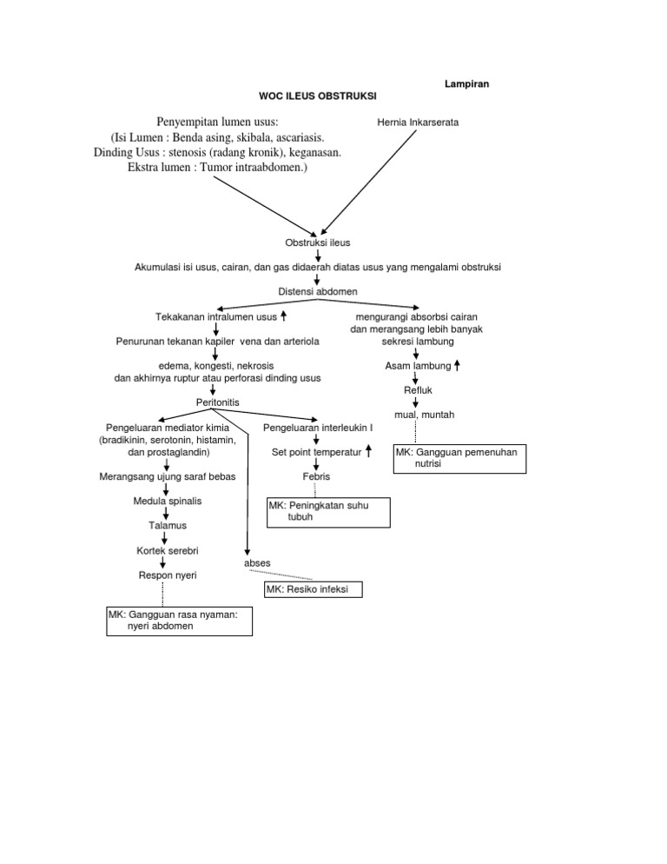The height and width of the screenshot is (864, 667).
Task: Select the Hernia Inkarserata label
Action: tap(419, 123)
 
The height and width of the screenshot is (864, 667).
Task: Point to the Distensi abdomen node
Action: tap(318, 290)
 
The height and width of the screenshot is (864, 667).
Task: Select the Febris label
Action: tap(316, 477)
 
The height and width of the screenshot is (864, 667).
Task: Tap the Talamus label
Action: tap(167, 526)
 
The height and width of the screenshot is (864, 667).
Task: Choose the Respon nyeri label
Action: tap(167, 575)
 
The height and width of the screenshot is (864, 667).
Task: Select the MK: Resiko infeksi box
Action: tap(313, 590)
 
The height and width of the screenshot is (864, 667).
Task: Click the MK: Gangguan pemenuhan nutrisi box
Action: tap(460, 459)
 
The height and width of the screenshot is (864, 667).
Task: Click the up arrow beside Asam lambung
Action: tap(457, 366)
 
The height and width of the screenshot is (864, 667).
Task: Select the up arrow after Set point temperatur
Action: tap(369, 451)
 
